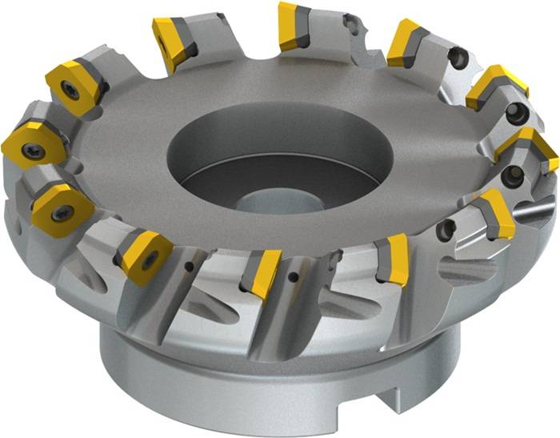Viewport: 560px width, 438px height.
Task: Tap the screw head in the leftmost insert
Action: [x=33, y=150]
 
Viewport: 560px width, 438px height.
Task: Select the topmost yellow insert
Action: [x=293, y=26]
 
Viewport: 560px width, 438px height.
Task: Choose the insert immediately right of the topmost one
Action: [x=407, y=43]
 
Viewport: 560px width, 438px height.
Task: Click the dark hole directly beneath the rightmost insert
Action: [x=513, y=175]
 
